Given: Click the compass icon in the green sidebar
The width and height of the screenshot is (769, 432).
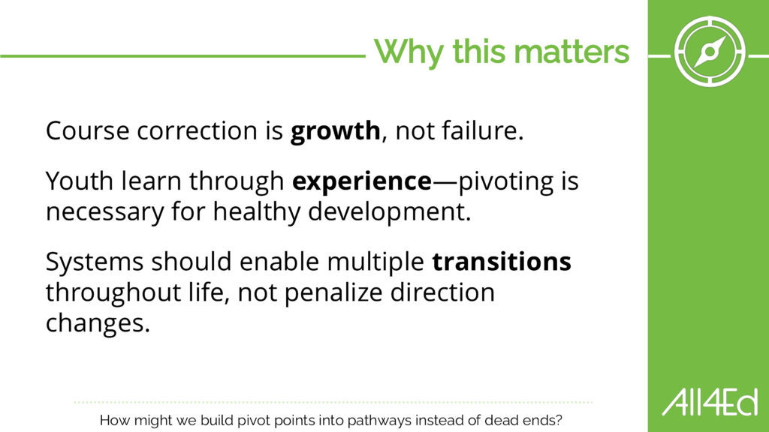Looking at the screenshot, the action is (x=709, y=52).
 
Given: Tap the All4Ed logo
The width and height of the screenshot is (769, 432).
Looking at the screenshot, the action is (x=710, y=402).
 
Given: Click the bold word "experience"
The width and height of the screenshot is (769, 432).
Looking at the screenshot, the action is (x=362, y=181).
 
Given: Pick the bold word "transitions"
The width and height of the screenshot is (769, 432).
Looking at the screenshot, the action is (x=502, y=261).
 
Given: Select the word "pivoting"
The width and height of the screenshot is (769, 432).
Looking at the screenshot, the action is (x=505, y=181).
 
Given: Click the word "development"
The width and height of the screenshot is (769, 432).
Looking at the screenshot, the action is (x=386, y=212).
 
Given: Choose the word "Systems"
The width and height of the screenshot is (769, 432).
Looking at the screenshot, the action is (x=95, y=262).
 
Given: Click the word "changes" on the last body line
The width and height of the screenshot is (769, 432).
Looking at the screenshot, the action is (x=95, y=324).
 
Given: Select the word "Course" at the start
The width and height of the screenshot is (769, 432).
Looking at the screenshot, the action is (x=87, y=131).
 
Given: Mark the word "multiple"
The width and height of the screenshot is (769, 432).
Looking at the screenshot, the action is (x=375, y=262).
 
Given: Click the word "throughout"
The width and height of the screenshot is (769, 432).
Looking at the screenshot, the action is (x=113, y=293).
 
